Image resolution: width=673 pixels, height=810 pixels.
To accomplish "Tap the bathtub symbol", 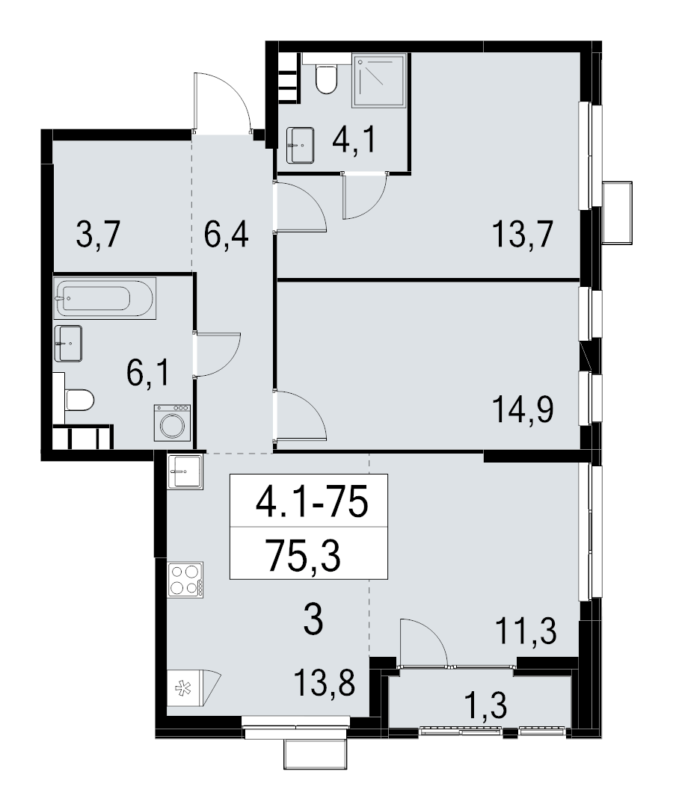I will [104, 299].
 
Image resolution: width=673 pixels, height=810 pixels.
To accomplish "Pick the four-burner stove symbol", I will [184, 578].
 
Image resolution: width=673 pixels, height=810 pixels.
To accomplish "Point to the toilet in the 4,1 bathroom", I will [326, 78].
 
